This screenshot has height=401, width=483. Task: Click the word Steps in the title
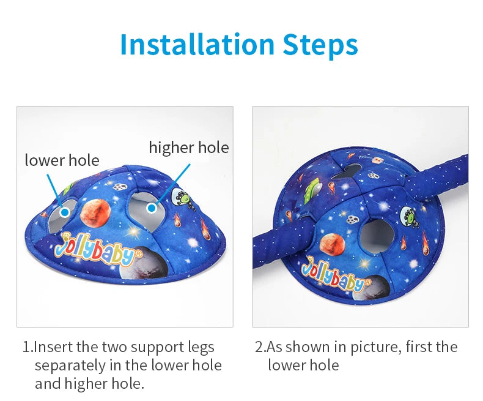320,45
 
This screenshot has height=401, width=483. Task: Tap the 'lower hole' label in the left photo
62,160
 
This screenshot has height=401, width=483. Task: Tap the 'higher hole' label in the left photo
189,148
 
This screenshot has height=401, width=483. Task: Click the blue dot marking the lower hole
65,212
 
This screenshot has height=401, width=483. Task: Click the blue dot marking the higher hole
151,208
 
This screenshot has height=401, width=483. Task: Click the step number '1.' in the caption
27,347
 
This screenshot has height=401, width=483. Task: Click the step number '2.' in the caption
260,347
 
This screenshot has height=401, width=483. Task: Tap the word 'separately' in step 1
70,366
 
